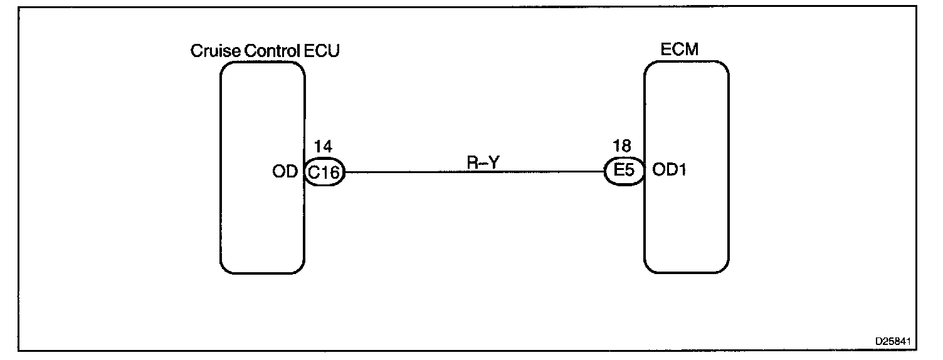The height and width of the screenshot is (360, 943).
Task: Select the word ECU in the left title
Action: pos(321,51)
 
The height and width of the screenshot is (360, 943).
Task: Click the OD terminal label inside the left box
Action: pos(285,172)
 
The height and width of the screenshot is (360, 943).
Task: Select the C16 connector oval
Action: pos(324,172)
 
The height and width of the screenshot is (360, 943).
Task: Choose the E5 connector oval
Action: pos(624,171)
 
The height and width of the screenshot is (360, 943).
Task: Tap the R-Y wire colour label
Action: pos(483,162)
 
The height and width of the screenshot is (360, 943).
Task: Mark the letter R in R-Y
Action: pos(473,162)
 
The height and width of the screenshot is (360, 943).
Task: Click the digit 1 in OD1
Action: pos(682,171)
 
